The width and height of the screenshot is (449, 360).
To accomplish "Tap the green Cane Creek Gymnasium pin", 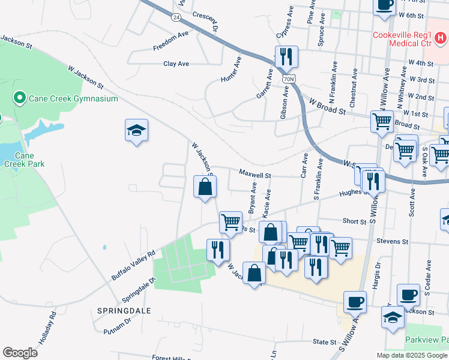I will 19,98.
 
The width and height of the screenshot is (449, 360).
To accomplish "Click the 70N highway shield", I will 289,79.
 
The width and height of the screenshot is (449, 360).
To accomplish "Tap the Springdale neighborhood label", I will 124,311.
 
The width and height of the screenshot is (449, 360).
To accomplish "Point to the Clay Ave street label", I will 176,64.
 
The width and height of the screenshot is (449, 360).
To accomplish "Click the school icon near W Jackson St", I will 136,130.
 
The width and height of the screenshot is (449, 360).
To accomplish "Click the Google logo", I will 20,353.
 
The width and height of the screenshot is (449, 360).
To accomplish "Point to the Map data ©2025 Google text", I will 412,355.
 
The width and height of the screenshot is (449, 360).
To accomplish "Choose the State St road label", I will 325,342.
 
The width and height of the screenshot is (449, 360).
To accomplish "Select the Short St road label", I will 354,221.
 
